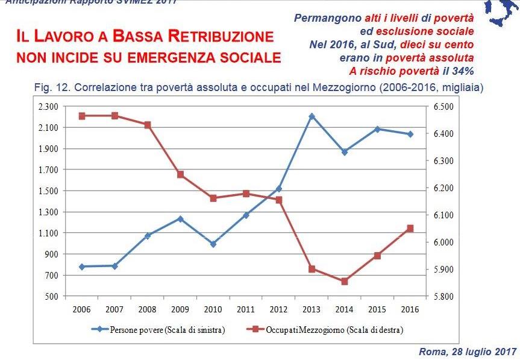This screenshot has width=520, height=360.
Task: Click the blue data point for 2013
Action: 312,116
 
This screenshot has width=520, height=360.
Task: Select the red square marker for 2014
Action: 345,282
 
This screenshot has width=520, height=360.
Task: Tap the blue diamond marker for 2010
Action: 213,244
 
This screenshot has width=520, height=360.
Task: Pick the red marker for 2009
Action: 180,174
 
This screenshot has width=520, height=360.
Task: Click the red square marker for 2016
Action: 410,229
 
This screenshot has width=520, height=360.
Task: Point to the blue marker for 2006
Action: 82,267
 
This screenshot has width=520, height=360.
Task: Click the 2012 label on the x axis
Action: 278,309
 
